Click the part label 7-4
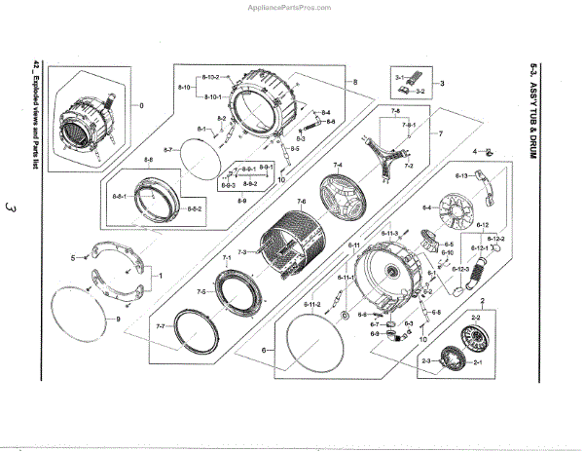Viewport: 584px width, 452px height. click(x=338, y=165)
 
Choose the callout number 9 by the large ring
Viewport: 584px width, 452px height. click(x=118, y=320)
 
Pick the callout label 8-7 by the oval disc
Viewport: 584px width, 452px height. click(x=166, y=150)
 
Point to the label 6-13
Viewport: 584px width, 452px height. click(x=463, y=175)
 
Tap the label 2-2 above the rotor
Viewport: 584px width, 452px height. click(x=477, y=319)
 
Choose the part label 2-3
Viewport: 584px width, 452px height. click(x=426, y=361)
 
